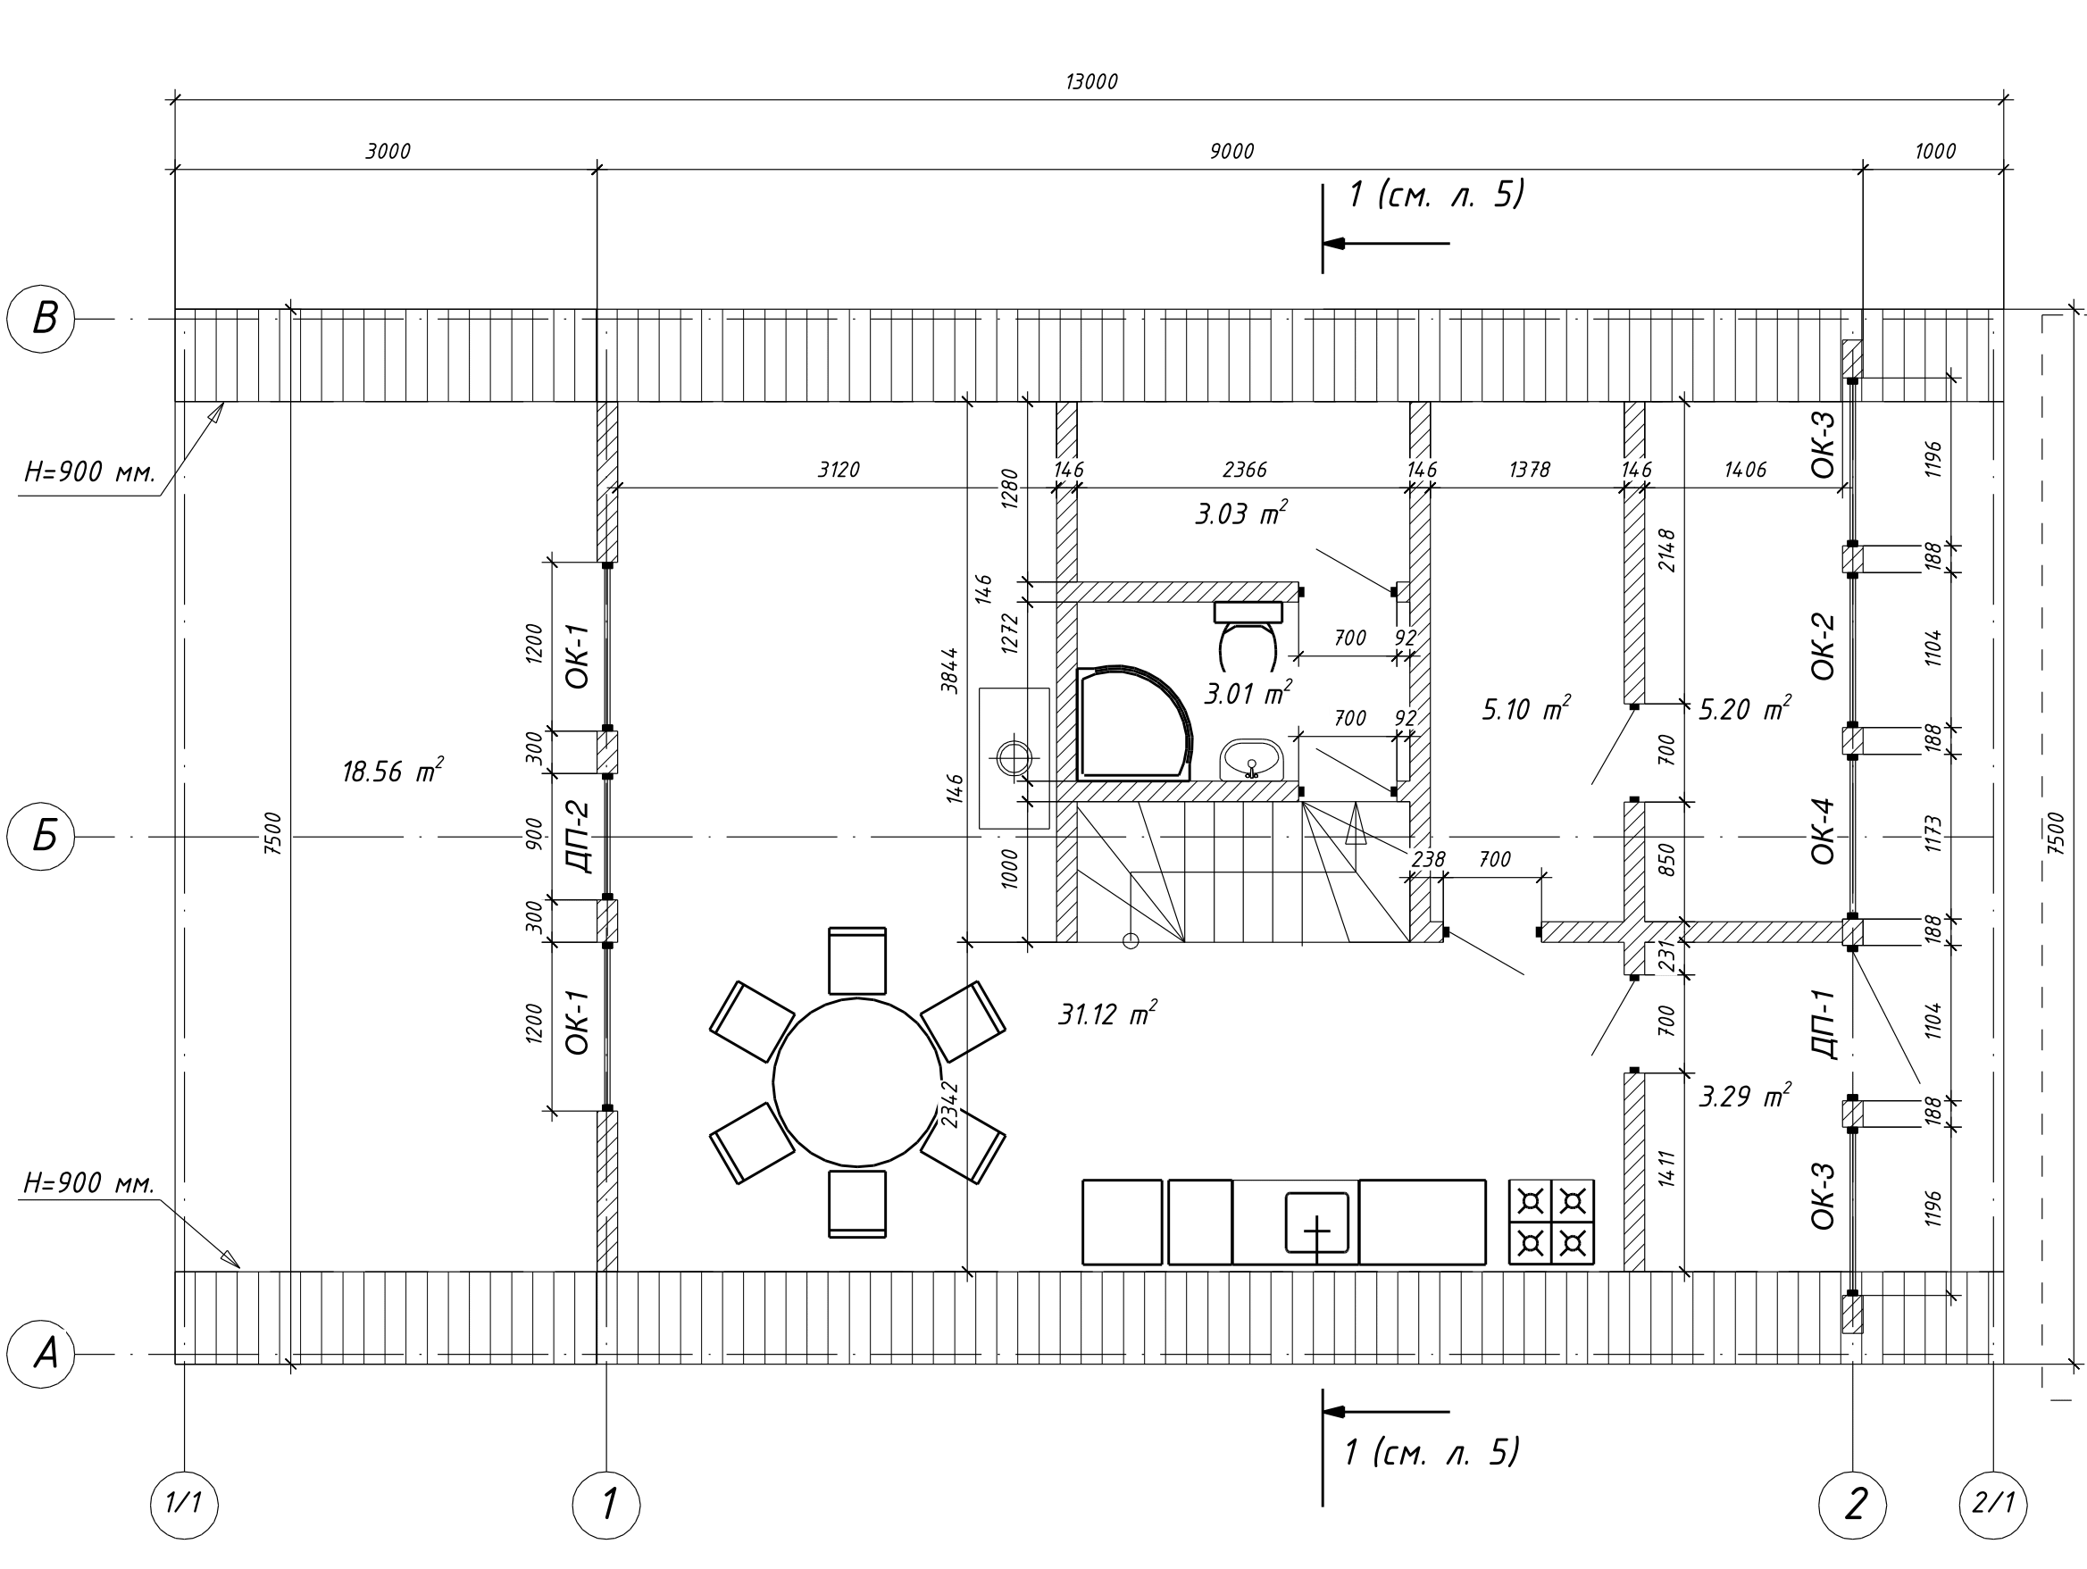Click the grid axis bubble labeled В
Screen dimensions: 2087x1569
pyautogui.click(x=40, y=319)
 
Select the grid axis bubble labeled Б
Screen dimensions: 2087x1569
pyautogui.click(x=40, y=836)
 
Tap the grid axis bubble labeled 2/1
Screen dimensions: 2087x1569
pyautogui.click(x=1992, y=1505)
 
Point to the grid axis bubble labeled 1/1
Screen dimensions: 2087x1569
pyautogui.click(x=184, y=1505)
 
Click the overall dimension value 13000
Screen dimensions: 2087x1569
pyautogui.click(x=1091, y=82)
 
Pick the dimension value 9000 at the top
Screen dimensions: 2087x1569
pyautogui.click(x=1231, y=151)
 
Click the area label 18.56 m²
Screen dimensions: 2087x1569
pyautogui.click(x=391, y=771)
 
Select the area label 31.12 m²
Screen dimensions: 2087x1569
pyautogui.click(x=1106, y=1014)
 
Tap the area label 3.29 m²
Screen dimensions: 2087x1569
pyautogui.click(x=1744, y=1096)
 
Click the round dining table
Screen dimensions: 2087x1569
pyautogui.click(x=856, y=1082)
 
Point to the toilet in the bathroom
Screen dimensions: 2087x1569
pyautogui.click(x=1248, y=632)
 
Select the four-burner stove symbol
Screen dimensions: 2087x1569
pyautogui.click(x=1551, y=1222)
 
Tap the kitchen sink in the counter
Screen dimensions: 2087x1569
pyautogui.click(x=1317, y=1223)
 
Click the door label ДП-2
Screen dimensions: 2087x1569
pyautogui.click(x=578, y=836)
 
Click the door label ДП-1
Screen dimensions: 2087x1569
pyautogui.click(x=1823, y=1023)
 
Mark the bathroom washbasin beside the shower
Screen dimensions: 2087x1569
pyautogui.click(x=1251, y=760)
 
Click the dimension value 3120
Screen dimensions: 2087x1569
pyautogui.click(x=838, y=469)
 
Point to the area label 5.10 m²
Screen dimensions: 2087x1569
pyautogui.click(x=1525, y=708)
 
